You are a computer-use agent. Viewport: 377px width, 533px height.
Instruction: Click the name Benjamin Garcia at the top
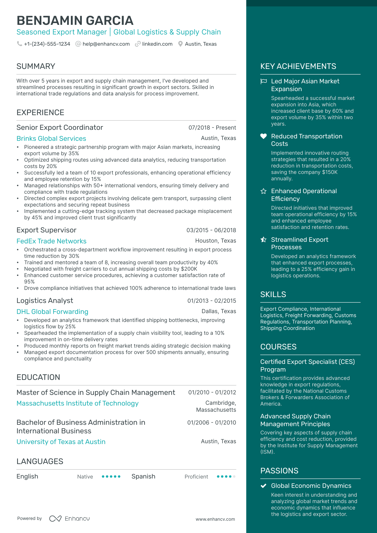coord(75,21)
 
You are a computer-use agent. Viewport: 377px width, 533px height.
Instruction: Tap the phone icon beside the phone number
coord(20,44)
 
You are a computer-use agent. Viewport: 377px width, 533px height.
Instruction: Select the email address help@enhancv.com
coord(106,44)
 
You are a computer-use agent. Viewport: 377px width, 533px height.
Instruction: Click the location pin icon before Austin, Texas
coord(180,44)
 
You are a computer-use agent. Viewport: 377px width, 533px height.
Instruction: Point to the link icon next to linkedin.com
coord(138,44)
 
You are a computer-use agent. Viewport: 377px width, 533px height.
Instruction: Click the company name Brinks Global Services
coord(51,139)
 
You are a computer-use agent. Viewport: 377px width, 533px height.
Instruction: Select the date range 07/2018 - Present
coord(212,128)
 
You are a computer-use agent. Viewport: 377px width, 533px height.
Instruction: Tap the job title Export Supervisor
coord(46,230)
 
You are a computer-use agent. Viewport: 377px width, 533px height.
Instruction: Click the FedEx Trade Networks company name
coord(51,241)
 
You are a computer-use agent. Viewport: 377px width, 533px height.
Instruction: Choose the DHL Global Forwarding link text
coord(52,312)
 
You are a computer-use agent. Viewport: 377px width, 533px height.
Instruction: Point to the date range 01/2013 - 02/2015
coord(211,301)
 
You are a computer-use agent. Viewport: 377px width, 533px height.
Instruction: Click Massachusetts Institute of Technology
coord(78,403)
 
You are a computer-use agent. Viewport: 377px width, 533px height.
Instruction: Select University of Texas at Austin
coord(61,442)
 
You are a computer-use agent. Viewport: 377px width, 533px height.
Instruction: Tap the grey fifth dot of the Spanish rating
coord(234,477)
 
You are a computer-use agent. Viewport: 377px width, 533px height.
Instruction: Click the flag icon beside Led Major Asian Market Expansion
coord(264,81)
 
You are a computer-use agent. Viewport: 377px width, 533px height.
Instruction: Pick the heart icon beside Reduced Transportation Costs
coord(264,136)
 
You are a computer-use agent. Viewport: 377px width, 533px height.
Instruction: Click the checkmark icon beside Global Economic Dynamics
coord(264,486)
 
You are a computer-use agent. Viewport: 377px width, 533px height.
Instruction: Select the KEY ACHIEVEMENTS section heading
coord(298,66)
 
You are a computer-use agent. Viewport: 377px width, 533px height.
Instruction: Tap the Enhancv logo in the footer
coord(70,519)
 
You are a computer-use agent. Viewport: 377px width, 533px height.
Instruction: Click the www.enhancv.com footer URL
coord(215,519)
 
